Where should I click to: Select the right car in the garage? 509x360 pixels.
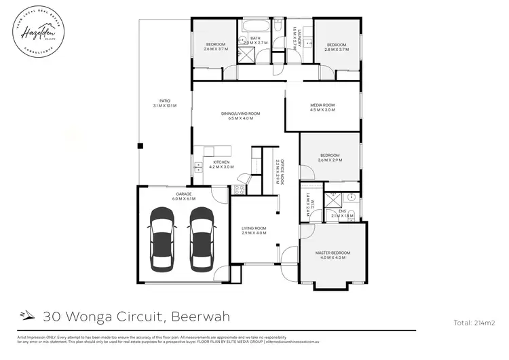(202, 237)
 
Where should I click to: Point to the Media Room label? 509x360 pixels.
(322, 107)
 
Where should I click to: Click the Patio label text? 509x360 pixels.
(165, 104)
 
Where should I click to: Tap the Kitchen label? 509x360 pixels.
(223, 164)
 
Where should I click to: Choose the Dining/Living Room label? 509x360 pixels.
(240, 115)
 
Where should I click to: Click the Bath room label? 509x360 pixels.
(255, 40)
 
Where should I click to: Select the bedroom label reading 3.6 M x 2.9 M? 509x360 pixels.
(331, 158)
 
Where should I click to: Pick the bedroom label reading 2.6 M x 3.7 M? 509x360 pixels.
(216, 47)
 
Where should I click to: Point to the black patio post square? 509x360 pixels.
(140, 145)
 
